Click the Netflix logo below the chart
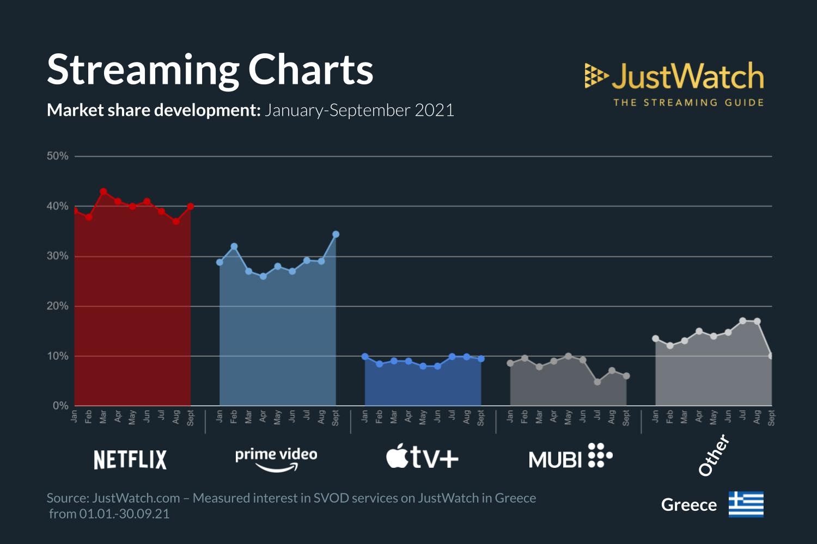coord(130,460)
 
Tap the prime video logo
coord(276,459)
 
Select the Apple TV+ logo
coord(422,458)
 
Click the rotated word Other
coord(714,455)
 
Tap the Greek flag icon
coord(746,504)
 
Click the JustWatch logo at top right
coord(674,83)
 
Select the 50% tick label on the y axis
coord(58,156)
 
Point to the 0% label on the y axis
coord(60,406)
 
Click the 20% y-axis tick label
coord(58,306)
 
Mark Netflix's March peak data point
coord(103,191)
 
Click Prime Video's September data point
coord(336,234)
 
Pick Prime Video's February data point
coord(234,246)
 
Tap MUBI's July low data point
coord(597,382)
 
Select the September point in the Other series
coord(771,356)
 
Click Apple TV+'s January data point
coord(365,356)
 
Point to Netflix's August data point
coord(176,221)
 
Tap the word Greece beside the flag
coord(688,505)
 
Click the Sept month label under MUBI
coord(626,418)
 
